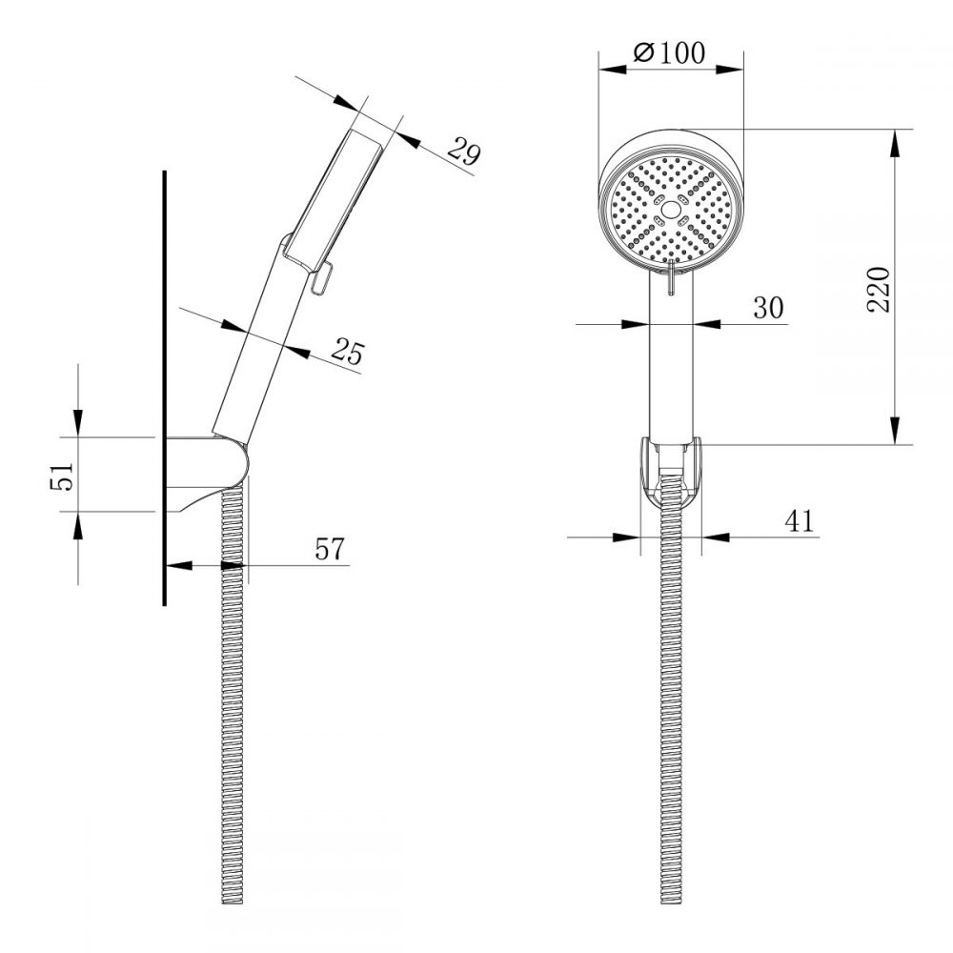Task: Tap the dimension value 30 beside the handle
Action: point(768,307)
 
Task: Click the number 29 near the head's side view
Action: point(463,152)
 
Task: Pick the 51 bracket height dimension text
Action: point(60,475)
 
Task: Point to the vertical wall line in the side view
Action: point(165,381)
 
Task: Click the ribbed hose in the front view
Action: point(672,715)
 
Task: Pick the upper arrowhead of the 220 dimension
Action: point(897,143)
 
